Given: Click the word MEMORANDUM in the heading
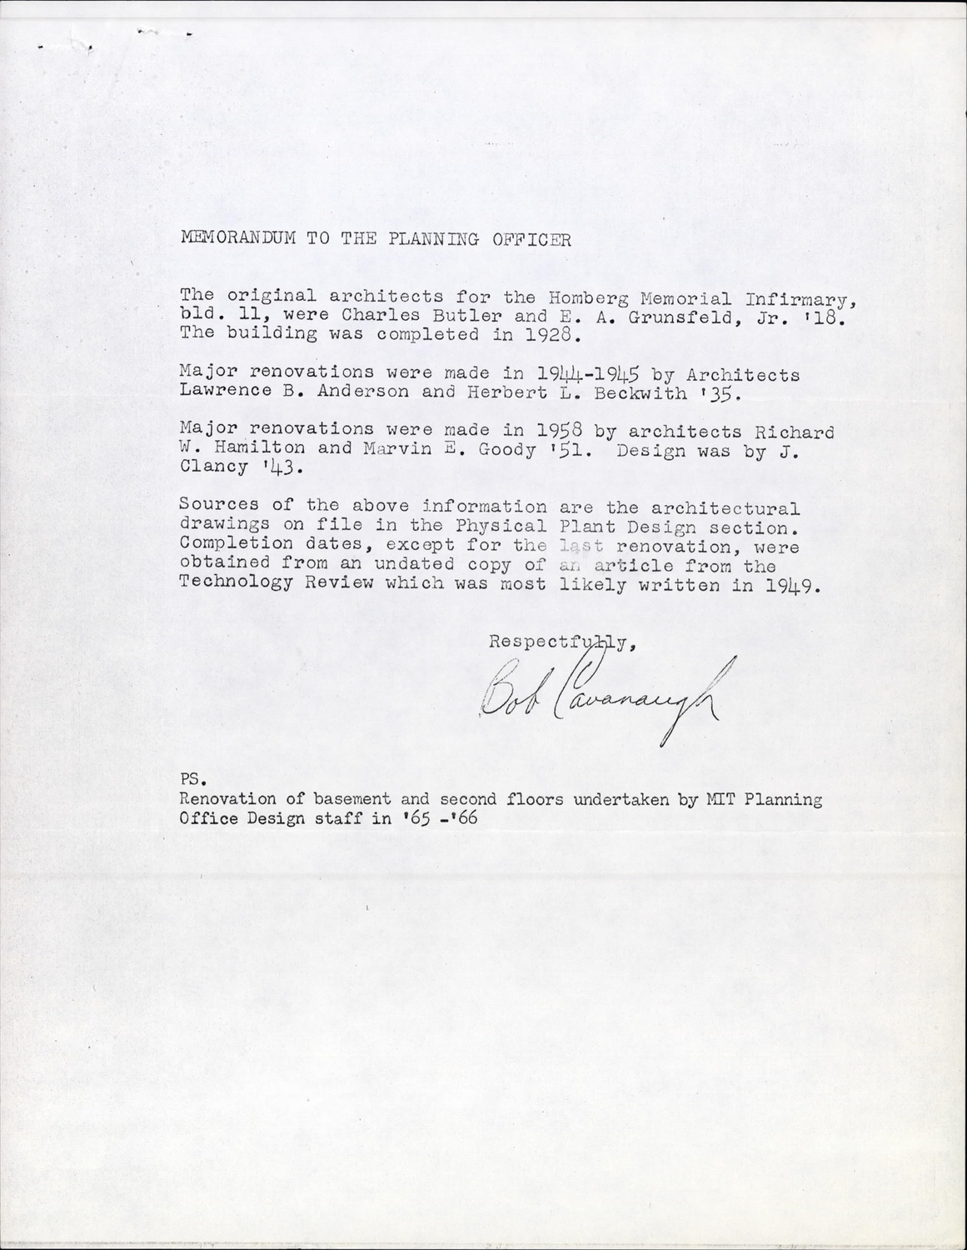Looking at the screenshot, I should point(238,238).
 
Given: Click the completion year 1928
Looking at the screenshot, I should point(547,336).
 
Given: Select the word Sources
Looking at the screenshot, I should point(207,505).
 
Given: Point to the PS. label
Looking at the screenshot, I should point(192,780).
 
